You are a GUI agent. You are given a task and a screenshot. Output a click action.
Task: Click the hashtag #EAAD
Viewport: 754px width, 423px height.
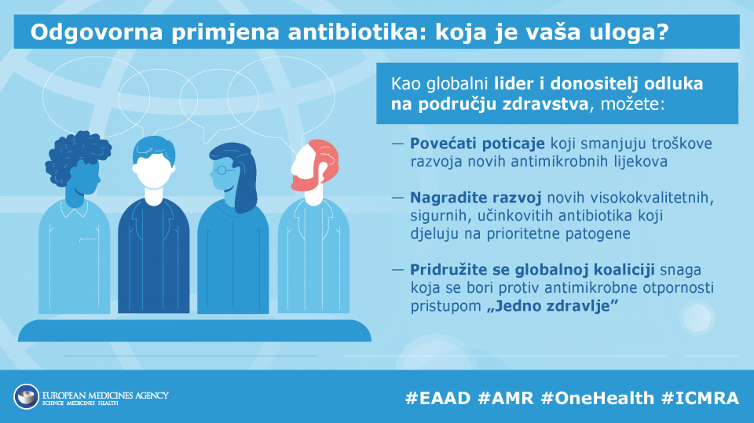pos(437,398)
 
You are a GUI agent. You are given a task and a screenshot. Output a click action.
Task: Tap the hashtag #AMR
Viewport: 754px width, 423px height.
pos(506,398)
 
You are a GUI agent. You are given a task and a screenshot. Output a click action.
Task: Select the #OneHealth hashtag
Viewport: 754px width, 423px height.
pos(597,398)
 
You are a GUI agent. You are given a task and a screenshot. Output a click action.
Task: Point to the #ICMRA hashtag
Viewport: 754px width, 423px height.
pos(700,398)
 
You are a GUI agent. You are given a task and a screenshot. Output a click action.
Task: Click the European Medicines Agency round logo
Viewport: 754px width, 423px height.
pos(27,396)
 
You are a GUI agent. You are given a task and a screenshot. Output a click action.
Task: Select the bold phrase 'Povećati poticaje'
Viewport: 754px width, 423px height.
pos(477,144)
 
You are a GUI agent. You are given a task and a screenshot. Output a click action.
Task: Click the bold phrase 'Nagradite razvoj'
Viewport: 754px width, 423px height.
pos(476,198)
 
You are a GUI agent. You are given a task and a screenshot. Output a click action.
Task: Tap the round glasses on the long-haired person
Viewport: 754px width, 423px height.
pos(221,170)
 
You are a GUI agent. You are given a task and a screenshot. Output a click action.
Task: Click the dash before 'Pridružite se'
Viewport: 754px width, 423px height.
pos(397,270)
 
